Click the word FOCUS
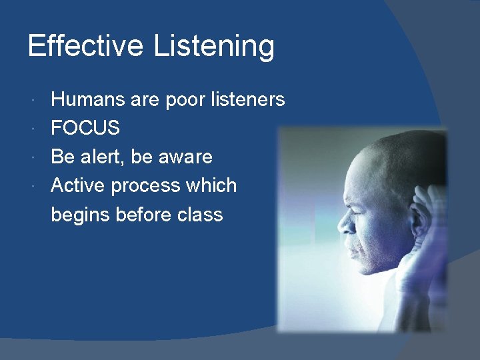(x=85, y=129)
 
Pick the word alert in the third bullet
(x=102, y=157)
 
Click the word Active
(x=78, y=185)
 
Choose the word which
(x=211, y=185)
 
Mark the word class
(x=200, y=214)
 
